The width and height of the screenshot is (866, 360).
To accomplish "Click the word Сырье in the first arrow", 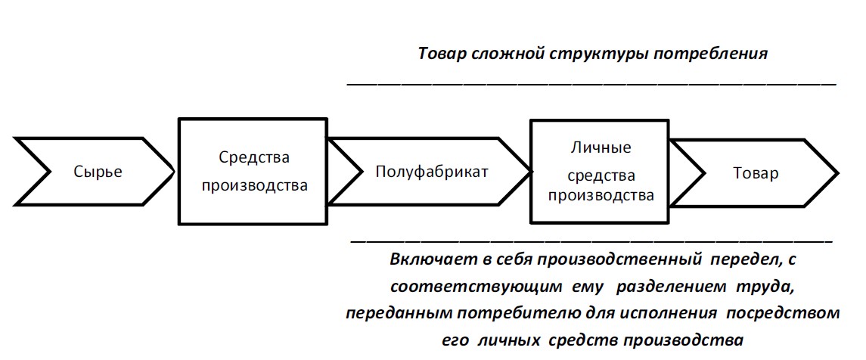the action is [x=98, y=172].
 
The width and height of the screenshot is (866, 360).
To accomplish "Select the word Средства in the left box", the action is [x=254, y=157].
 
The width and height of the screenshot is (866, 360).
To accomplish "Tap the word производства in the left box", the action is [x=254, y=185].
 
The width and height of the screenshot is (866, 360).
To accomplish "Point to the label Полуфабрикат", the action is [x=432, y=172].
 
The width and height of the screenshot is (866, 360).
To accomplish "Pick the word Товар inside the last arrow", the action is [x=756, y=173].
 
